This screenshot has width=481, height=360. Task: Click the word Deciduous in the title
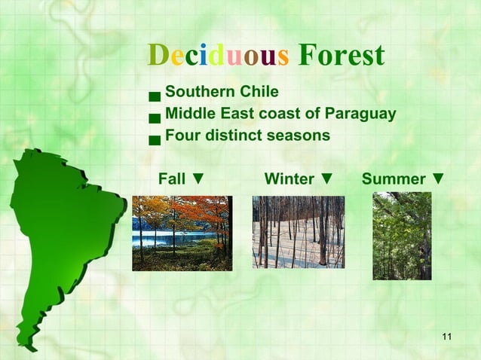(219, 55)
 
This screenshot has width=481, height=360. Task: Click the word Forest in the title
(342, 55)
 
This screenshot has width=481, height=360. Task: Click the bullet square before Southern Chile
(155, 96)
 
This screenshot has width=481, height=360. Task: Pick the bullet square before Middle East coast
(155, 117)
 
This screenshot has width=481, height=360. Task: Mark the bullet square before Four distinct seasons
(155, 139)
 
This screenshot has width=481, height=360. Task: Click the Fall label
(172, 179)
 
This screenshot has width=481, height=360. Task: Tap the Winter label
(290, 179)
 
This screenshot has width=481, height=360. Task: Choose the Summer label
(394, 179)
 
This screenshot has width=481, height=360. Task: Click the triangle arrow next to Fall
(198, 179)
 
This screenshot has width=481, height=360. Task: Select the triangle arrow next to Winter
(326, 179)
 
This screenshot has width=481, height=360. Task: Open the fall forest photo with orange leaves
(182, 233)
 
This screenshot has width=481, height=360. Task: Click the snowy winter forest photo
(298, 232)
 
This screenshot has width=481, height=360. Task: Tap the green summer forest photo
(402, 236)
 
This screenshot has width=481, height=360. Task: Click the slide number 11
(447, 335)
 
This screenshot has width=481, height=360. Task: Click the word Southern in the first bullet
(197, 93)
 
